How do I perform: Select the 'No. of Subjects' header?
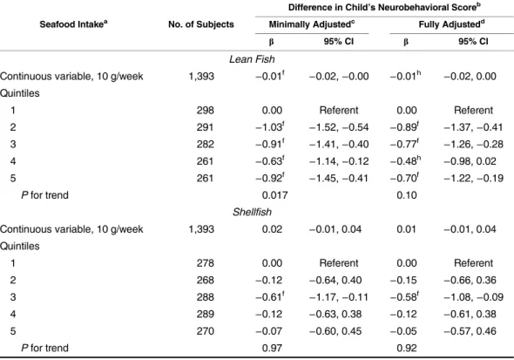pyautogui.click(x=201, y=24)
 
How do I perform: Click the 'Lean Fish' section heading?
pyautogui.click(x=252, y=59)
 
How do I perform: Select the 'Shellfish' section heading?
pyautogui.click(x=252, y=212)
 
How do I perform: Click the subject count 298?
pyautogui.click(x=206, y=110)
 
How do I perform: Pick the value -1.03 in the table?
pyautogui.click(x=270, y=127)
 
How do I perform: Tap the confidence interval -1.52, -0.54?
pyautogui.click(x=339, y=127)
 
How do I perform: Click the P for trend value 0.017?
pyautogui.click(x=274, y=195)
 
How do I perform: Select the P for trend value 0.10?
pyautogui.click(x=407, y=195)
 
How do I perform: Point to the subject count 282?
pyautogui.click(x=206, y=145)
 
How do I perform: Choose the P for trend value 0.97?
pyautogui.click(x=272, y=348)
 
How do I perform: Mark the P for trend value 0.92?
pyautogui.click(x=407, y=348)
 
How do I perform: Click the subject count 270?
pyautogui.click(x=206, y=331)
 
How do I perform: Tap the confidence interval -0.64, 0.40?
pyautogui.click(x=335, y=280)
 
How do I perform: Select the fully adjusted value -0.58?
pyautogui.click(x=404, y=297)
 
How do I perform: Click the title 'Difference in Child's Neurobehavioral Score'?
pyautogui.click(x=384, y=7)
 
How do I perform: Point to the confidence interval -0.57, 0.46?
pyautogui.click(x=470, y=331)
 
